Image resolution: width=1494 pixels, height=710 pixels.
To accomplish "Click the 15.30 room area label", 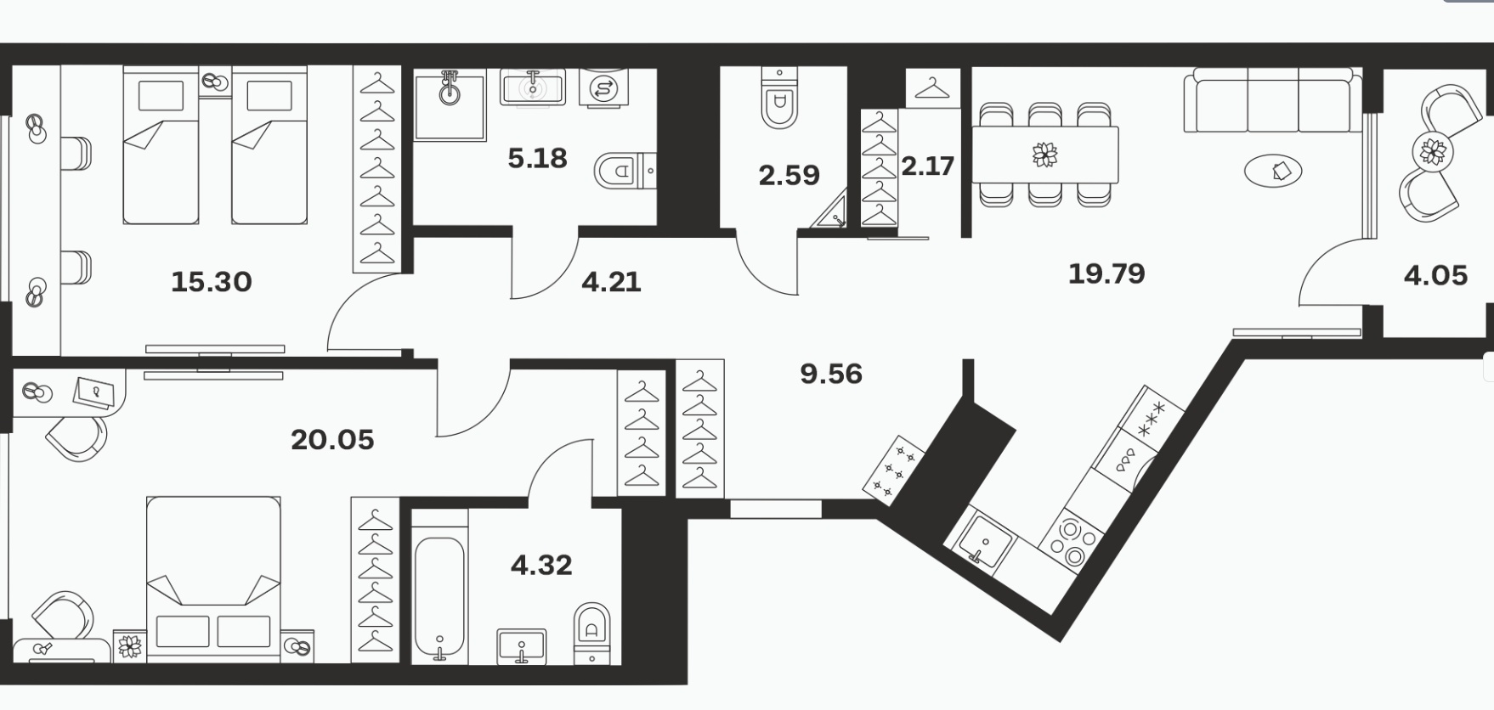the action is (212, 281).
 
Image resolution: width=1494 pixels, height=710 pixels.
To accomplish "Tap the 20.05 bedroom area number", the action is (332, 440).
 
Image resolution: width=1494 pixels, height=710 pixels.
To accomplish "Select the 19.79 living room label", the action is (1106, 273).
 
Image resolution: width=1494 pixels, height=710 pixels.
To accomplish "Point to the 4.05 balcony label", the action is (1435, 275).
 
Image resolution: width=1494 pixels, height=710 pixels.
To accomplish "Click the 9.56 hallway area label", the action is (831, 374).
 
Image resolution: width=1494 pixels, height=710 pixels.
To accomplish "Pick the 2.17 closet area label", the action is (927, 166).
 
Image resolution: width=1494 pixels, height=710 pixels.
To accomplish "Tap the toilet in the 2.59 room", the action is (779, 99).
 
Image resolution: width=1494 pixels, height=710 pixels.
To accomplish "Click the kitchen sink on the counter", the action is (985, 539).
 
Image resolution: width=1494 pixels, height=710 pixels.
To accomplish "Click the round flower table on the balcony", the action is (1433, 152).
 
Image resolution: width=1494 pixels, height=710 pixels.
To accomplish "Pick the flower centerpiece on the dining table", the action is (1044, 155).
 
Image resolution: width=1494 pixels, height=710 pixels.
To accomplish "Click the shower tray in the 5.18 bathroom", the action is (450, 104).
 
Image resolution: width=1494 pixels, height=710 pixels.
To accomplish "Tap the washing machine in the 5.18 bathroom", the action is (604, 87).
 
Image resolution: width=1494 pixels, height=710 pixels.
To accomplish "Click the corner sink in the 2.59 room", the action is (830, 213).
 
